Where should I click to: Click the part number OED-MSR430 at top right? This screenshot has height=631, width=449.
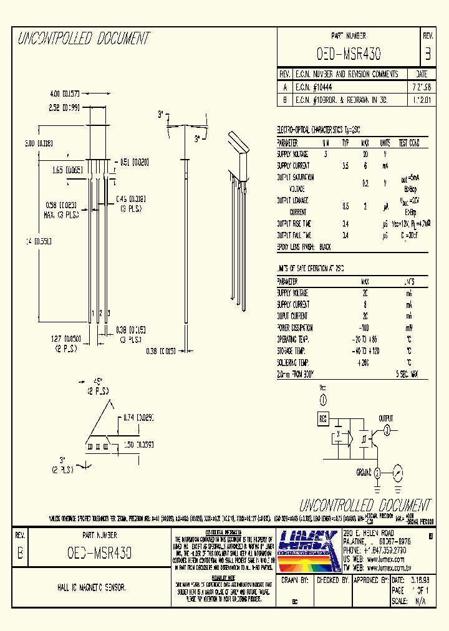(349, 54)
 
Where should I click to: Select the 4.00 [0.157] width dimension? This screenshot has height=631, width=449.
(69, 94)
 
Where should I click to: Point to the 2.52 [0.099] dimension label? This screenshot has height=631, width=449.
(69, 108)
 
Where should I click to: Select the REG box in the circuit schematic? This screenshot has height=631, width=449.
(323, 419)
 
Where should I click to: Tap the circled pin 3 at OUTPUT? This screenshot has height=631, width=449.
(386, 430)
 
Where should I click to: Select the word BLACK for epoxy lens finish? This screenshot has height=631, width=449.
(325, 248)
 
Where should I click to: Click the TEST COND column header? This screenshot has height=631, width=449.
(408, 143)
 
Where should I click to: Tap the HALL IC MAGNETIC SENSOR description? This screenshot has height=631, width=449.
(88, 588)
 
